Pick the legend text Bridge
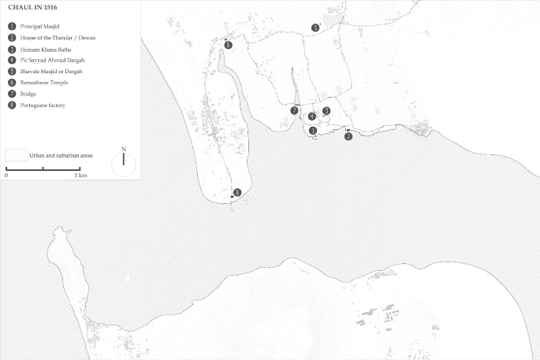29,93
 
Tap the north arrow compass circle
124,164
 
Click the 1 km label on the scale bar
80,175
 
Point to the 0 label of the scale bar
6,175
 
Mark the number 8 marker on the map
236,192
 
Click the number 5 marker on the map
315,28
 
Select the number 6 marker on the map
228,46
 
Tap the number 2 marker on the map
348,136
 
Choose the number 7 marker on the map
293,111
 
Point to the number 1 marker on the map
313,131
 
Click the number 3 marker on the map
326,111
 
